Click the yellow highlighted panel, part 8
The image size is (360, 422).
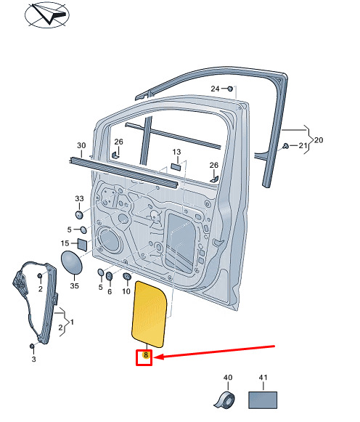(x=149, y=315)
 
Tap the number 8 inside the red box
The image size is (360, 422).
(x=146, y=355)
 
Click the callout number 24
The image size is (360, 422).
(x=215, y=89)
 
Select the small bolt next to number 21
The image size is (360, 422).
(x=286, y=146)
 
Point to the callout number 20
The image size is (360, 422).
(x=319, y=140)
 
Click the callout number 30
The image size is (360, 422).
(x=81, y=145)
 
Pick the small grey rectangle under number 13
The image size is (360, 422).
(x=176, y=166)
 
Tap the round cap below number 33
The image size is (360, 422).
(x=79, y=215)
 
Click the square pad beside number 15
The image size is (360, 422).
(x=82, y=244)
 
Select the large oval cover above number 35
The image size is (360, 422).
(x=72, y=263)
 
